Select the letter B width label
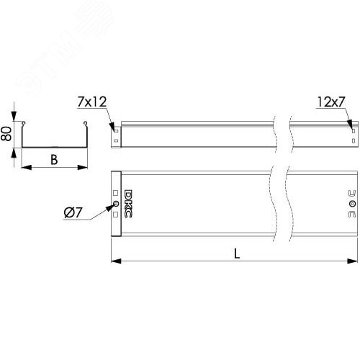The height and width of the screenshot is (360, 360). point(54,160)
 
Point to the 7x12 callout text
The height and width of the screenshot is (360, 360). point(91,104)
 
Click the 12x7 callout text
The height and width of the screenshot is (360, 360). point(328,103)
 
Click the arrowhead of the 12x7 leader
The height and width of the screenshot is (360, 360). point(351,122)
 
